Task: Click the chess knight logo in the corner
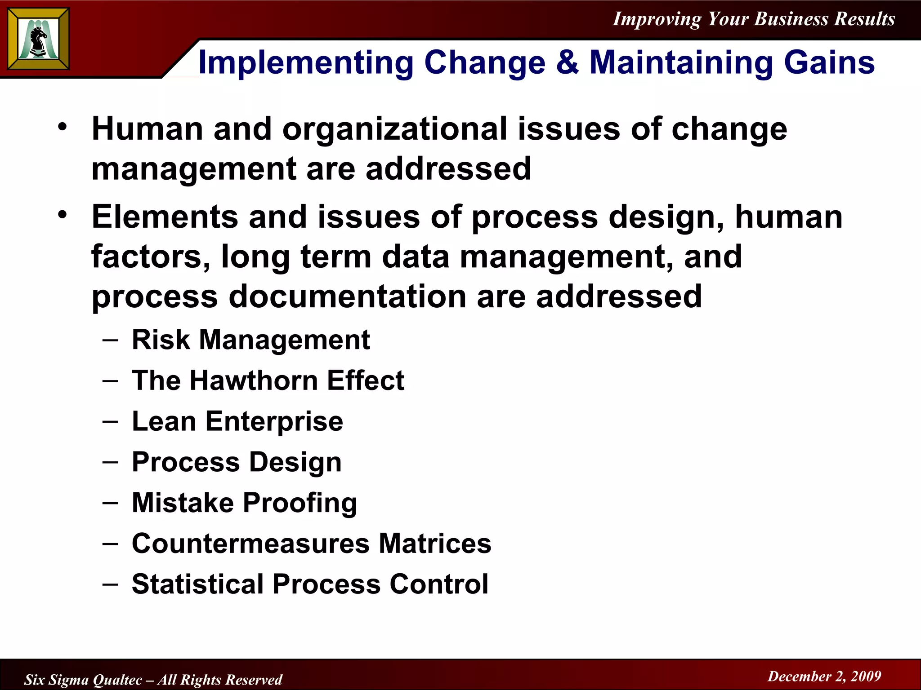[39, 39]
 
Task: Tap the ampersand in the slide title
[567, 62]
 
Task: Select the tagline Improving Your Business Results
[754, 19]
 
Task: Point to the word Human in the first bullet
[147, 129]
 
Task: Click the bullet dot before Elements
[63, 214]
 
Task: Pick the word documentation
[347, 297]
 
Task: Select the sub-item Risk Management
[250, 340]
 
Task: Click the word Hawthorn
[254, 380]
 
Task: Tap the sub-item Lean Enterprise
[237, 422]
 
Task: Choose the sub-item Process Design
[237, 463]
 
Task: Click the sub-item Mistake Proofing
[244, 503]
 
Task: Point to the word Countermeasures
[250, 544]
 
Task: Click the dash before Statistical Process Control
[110, 584]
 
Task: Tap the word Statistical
[197, 584]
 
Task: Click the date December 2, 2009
[824, 676]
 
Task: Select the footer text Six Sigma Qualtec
[83, 680]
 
